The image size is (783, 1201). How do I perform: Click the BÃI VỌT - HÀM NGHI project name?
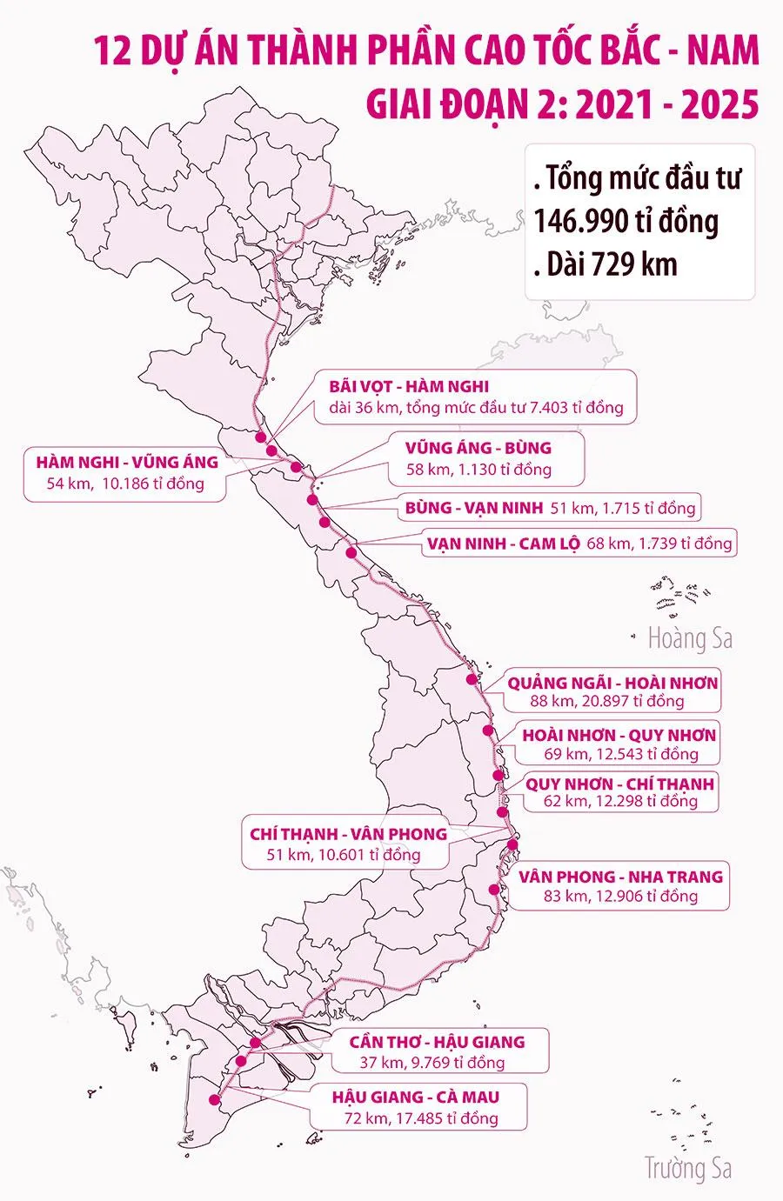click(x=409, y=386)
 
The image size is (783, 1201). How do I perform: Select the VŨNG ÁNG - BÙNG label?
click(x=478, y=449)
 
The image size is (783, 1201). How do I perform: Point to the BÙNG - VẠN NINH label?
click(x=474, y=507)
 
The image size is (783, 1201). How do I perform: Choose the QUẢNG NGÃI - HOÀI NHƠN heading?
click(x=613, y=683)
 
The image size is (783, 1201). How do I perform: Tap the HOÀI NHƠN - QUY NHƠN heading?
click(x=619, y=735)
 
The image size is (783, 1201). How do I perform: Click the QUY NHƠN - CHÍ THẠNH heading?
click(x=619, y=784)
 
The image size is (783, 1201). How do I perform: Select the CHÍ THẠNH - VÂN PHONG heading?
click(x=348, y=833)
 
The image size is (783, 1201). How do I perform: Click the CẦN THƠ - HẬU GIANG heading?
click(x=438, y=1041)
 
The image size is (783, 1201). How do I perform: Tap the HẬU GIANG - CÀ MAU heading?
click(x=416, y=1097)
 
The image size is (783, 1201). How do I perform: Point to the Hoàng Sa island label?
click(x=690, y=639)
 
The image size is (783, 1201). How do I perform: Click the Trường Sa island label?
click(x=687, y=1168)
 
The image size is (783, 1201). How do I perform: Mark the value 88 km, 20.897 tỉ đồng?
click(x=606, y=701)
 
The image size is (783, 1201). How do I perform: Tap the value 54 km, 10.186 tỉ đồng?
click(x=125, y=484)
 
